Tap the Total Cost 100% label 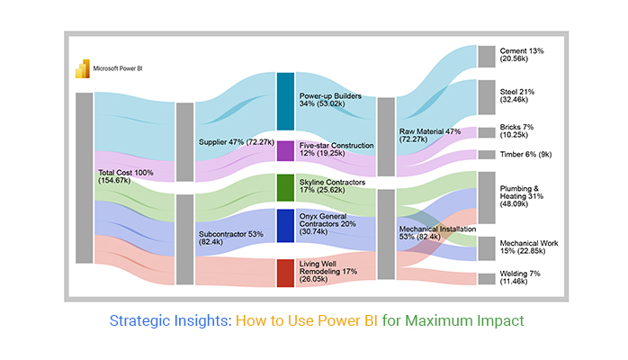tap(127, 175)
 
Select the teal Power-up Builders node tap(285, 101)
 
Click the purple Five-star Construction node tap(285, 150)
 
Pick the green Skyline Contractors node tap(285, 187)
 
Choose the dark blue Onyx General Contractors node tap(285, 226)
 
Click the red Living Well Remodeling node tap(285, 273)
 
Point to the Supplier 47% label tap(235, 142)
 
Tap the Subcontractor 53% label tap(229, 238)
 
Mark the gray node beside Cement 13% tap(486, 56)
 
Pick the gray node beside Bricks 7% tap(486, 132)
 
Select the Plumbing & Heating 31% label tap(522, 197)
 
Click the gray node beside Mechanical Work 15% tap(486, 248)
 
